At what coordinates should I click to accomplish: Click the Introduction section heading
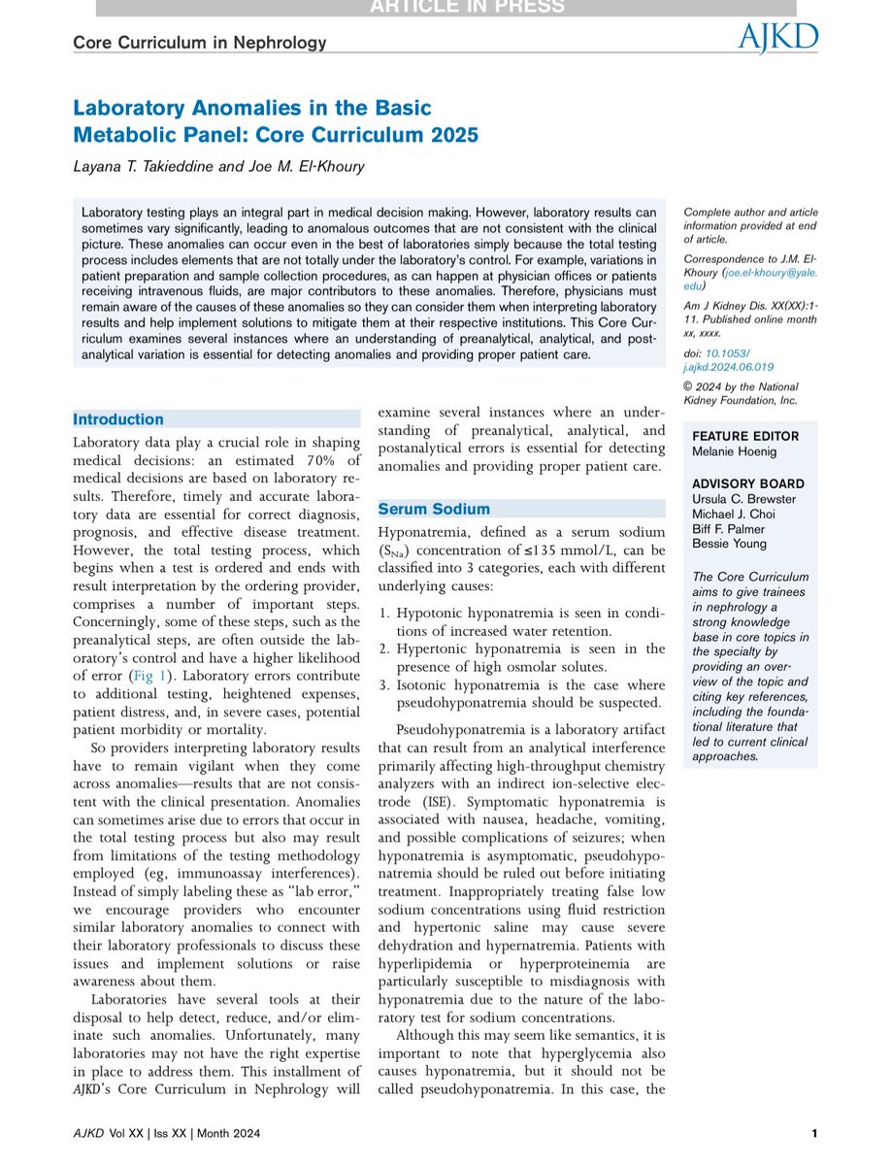(119, 419)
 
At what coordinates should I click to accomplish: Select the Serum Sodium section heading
(434, 509)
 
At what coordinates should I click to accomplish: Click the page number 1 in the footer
(813, 1134)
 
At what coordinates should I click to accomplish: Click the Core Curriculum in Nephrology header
(199, 43)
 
